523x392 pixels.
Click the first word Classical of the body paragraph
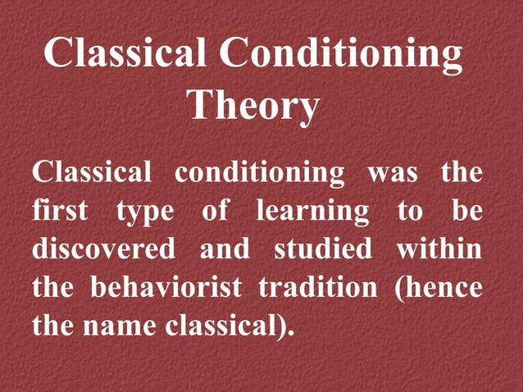click(x=92, y=173)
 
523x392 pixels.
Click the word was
click(x=393, y=173)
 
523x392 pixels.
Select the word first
click(x=61, y=211)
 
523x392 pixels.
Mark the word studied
click(x=321, y=248)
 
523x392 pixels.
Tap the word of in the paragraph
click(x=215, y=211)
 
